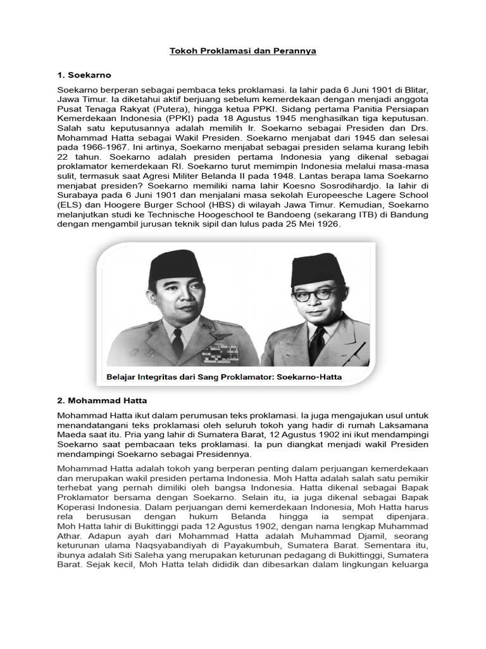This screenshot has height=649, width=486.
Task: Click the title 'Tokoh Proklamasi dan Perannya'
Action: pos(243,51)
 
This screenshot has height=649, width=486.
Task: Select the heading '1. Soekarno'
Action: pos(84,75)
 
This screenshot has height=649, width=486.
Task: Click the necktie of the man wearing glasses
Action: pos(316,345)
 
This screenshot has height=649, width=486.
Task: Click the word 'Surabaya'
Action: pos(78,195)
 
